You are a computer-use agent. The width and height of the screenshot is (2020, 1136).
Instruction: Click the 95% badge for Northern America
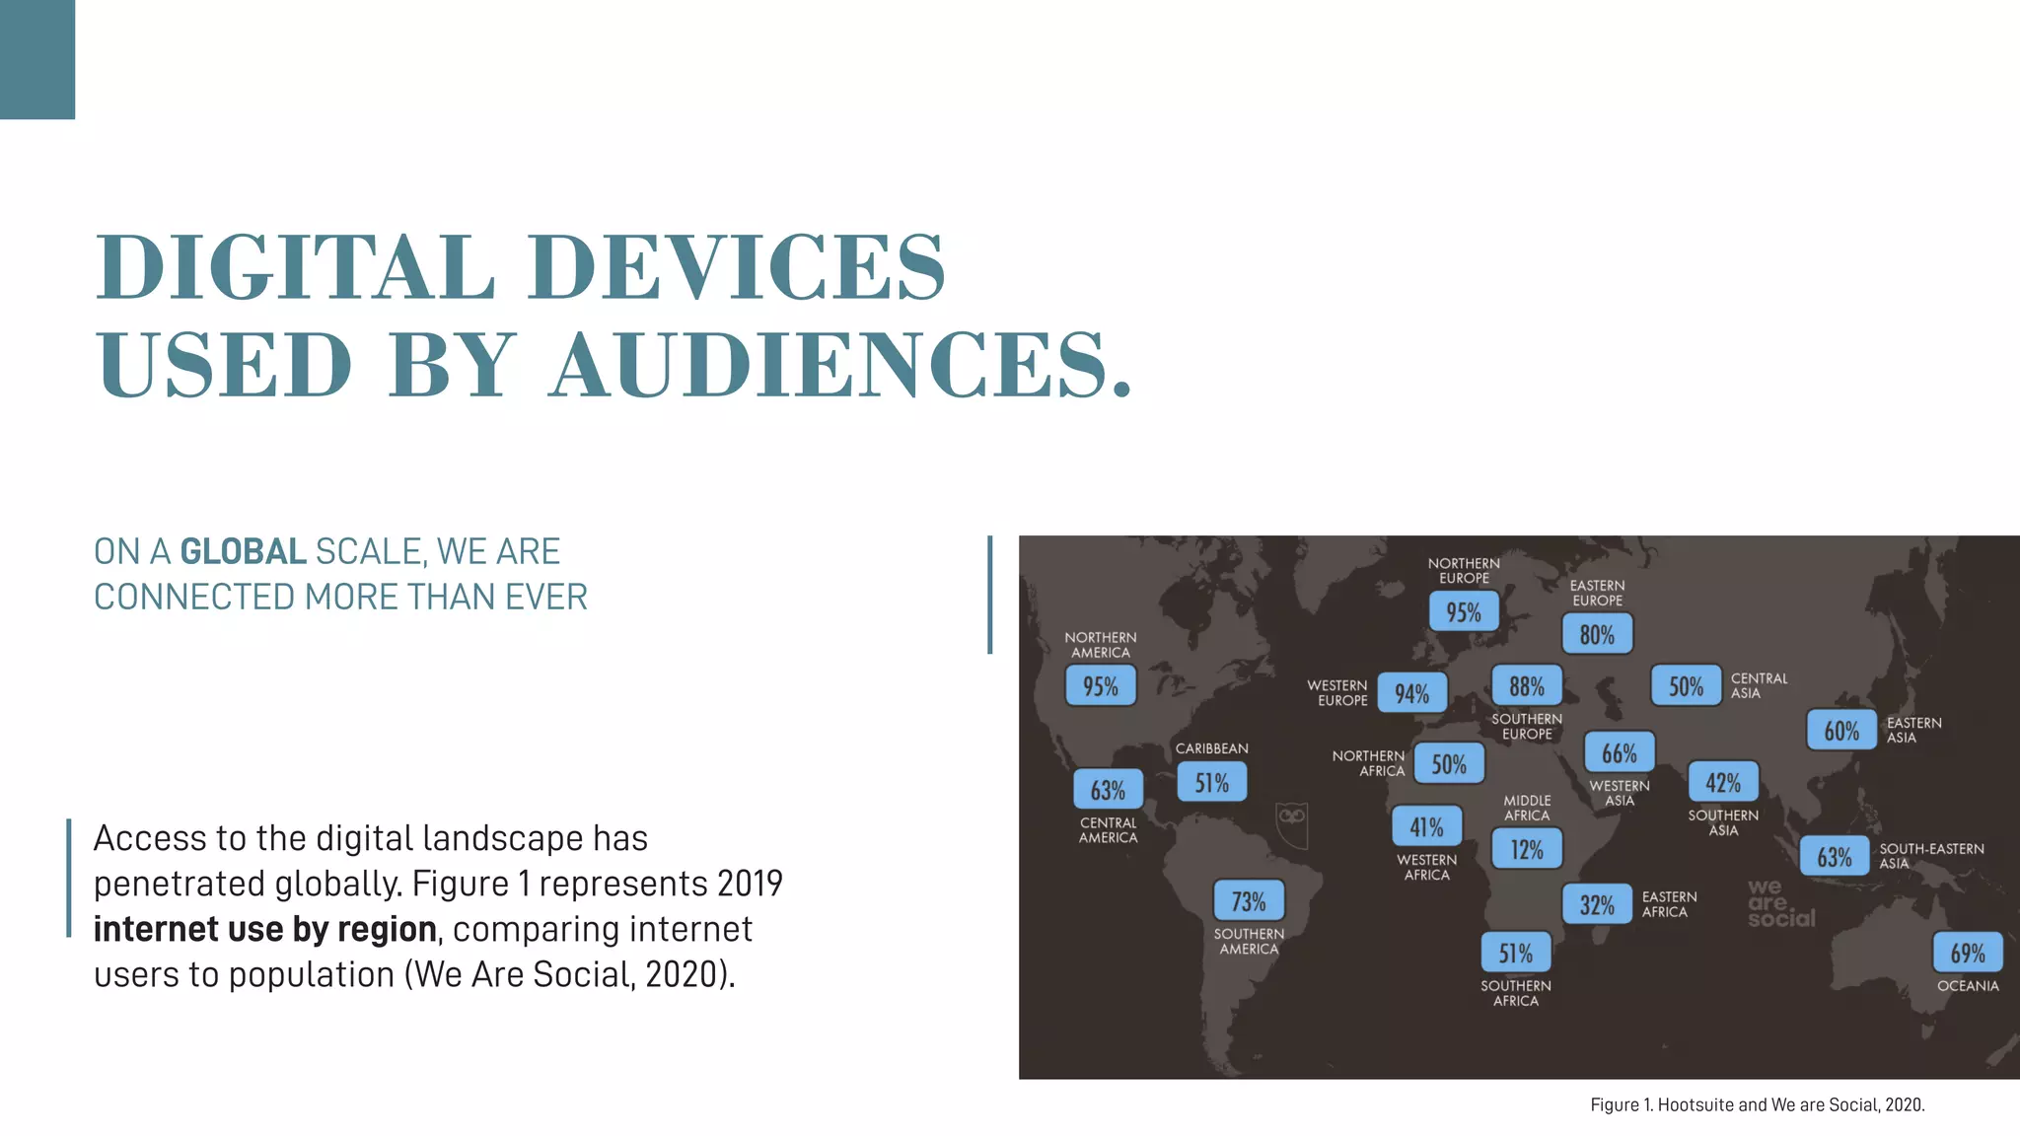(x=1101, y=685)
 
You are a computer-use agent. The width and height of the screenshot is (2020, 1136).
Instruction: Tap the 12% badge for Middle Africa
(x=1527, y=849)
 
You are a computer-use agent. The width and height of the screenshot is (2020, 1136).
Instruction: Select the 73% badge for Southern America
(x=1249, y=901)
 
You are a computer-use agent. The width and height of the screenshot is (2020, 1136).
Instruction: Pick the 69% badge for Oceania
(x=1968, y=953)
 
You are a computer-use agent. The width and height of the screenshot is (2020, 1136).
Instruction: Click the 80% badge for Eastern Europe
(x=1597, y=634)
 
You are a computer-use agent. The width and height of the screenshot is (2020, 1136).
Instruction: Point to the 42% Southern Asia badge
(x=1723, y=783)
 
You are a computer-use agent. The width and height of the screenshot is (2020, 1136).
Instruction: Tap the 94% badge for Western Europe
(x=1411, y=693)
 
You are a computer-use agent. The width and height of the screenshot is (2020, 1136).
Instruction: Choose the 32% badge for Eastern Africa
(x=1597, y=904)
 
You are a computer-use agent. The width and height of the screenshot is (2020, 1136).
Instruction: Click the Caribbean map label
(x=1211, y=748)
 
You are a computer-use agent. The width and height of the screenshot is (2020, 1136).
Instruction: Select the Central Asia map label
(x=1759, y=685)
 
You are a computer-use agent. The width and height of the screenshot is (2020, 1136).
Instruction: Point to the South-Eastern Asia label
(x=1930, y=856)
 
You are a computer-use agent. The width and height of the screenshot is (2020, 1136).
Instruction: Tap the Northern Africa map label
(x=1368, y=763)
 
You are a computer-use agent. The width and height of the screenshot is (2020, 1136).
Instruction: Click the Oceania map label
(x=1968, y=986)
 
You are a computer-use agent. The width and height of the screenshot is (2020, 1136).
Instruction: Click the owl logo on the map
(x=1291, y=822)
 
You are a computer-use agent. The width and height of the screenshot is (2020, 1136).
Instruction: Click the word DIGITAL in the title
(x=295, y=267)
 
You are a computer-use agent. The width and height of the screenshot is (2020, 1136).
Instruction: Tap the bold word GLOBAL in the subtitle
(x=243, y=552)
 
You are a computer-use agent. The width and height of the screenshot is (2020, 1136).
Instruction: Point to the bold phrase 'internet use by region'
(x=264, y=929)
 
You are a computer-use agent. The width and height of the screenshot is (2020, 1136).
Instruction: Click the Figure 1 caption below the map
(x=1757, y=1104)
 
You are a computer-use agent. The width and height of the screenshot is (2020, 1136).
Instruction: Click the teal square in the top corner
(x=37, y=59)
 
